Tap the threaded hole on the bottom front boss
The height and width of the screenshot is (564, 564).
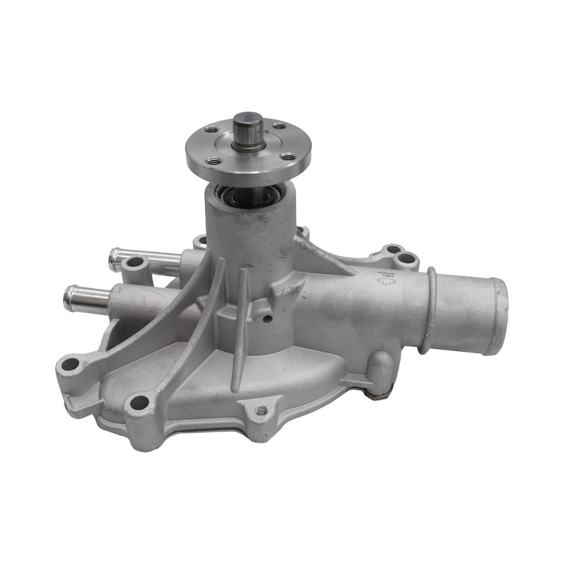pos(262,410)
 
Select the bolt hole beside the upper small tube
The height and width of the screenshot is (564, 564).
pos(132,264)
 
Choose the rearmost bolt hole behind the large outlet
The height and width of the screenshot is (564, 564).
pos(406,257)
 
